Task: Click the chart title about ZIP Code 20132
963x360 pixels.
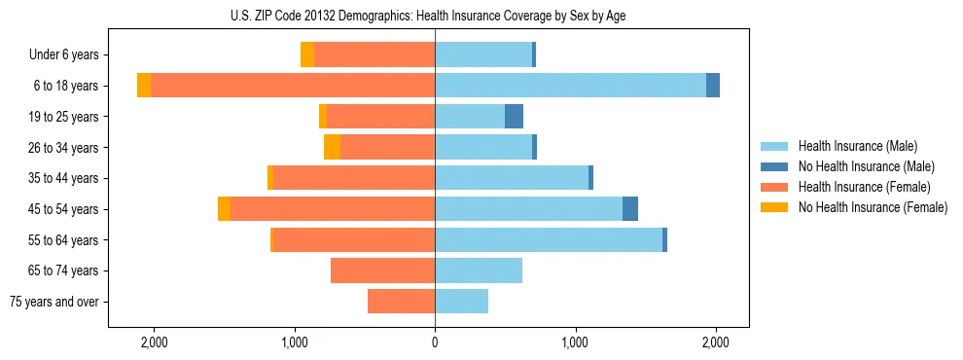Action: (435, 17)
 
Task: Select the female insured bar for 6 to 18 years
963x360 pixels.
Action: (292, 86)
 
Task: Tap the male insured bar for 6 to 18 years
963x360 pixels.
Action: (570, 86)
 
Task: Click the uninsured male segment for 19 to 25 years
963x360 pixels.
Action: (514, 117)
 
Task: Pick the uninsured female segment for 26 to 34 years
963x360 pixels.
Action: (332, 147)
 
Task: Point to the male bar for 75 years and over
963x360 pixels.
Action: (461, 302)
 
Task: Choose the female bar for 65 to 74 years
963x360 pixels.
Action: (382, 270)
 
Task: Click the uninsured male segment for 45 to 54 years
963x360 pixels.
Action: (630, 209)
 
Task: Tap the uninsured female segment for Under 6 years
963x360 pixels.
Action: (307, 54)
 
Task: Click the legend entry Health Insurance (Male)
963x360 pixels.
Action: (857, 146)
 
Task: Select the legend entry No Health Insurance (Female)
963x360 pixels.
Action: (873, 207)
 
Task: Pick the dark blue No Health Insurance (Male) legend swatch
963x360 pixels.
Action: (774, 166)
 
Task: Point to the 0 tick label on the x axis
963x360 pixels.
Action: (435, 342)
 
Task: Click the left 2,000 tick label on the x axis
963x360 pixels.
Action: (154, 342)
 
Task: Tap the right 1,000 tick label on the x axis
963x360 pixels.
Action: (575, 342)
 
